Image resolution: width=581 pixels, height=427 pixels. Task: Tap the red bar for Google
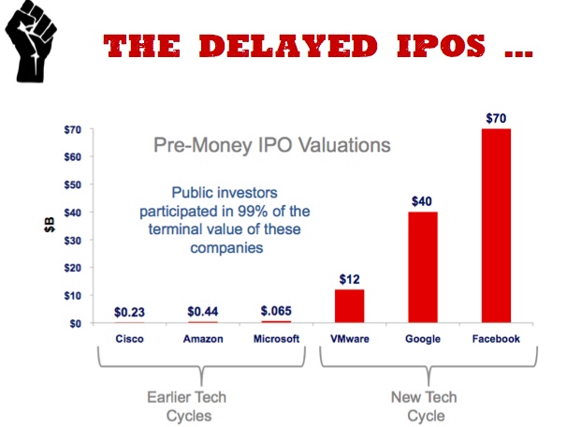(x=423, y=267)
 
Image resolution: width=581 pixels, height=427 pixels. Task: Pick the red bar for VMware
(x=349, y=306)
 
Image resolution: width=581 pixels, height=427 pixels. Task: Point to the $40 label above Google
(x=423, y=200)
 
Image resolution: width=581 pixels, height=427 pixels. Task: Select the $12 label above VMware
(x=349, y=279)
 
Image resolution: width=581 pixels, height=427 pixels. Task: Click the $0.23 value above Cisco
(x=130, y=312)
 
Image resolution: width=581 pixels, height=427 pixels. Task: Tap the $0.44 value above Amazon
(x=202, y=312)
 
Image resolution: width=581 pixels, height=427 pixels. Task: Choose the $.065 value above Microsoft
(x=275, y=312)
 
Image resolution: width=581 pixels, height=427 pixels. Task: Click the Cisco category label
(x=130, y=338)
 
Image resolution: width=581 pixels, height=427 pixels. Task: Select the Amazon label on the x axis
(x=202, y=338)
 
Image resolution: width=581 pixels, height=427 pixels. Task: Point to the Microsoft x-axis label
(x=275, y=338)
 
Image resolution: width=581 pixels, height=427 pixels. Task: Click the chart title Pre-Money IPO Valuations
(x=272, y=145)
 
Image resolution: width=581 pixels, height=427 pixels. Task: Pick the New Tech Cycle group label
(x=423, y=406)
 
